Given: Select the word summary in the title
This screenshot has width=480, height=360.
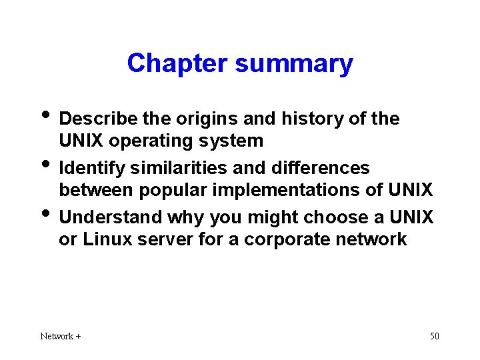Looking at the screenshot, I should pos(294,64).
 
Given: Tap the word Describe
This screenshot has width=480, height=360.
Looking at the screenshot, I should pos(98,119).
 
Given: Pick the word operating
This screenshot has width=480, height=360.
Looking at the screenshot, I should pos(151,141).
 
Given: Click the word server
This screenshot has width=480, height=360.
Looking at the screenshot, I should pos(165,240).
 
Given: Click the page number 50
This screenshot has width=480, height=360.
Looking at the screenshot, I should pos(434,336).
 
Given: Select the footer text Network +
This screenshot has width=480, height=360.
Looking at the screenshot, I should pos(61,336).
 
